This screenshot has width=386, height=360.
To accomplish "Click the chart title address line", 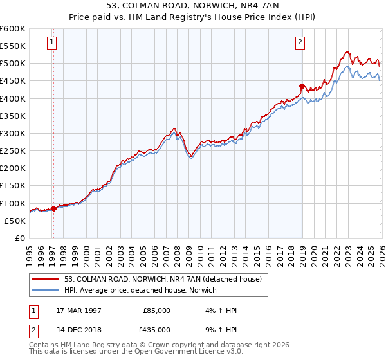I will click(192, 6).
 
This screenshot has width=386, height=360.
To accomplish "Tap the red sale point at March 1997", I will click(53, 208).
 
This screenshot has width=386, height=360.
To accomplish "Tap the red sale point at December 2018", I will click(302, 86).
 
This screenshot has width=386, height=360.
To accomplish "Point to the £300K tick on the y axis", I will click(13, 134).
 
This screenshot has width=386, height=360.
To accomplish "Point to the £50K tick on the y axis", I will click(15, 221).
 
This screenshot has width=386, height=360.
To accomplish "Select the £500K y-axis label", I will click(13, 64).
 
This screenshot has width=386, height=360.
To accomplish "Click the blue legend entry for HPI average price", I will click(140, 291).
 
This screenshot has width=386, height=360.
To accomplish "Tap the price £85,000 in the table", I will click(156, 310).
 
